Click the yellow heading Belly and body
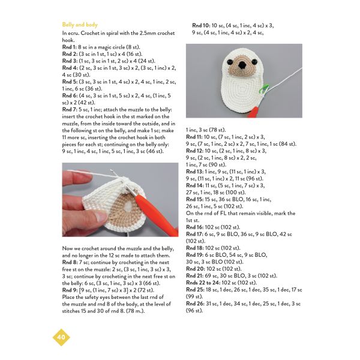point(80,25)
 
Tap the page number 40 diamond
point(61,337)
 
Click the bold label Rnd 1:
point(69,47)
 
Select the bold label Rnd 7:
point(70,110)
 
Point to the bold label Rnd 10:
point(201,25)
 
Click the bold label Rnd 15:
point(194,199)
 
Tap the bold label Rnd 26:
point(195,304)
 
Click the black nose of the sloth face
point(241,65)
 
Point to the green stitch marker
point(264,89)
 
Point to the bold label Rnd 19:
point(194,255)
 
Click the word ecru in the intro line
point(73,33)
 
